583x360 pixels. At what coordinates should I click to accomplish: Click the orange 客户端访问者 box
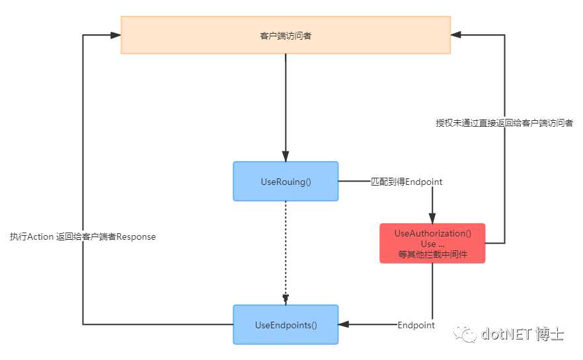coord(286,35)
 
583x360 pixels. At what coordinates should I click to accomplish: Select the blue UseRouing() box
coord(286,181)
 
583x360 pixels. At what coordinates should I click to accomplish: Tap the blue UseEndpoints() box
coord(286,324)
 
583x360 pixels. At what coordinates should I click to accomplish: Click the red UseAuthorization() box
coord(432,243)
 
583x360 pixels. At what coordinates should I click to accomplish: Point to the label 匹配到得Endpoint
coord(407,181)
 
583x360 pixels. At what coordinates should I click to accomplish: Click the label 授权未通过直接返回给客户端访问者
coord(504,122)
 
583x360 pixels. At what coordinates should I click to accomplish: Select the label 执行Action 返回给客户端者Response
coord(83,236)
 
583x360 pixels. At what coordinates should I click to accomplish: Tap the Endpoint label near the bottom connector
coord(416,325)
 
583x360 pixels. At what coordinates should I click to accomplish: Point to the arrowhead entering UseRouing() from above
coord(286,157)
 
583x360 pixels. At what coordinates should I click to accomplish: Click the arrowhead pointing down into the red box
coord(432,218)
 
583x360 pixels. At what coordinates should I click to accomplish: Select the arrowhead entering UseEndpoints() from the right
coord(344,324)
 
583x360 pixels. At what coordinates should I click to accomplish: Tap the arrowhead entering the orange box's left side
coord(116,35)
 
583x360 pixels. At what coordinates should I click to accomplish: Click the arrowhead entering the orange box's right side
coord(456,35)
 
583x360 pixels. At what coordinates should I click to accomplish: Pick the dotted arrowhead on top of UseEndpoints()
coord(286,300)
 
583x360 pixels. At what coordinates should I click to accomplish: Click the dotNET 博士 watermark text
coord(522,334)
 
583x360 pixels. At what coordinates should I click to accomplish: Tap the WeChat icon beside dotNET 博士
coord(469,334)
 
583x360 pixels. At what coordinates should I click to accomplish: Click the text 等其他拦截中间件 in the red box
coord(432,254)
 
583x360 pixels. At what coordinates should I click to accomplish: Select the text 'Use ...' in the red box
coord(432,244)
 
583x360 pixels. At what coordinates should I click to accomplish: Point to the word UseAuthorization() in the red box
coord(432,233)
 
